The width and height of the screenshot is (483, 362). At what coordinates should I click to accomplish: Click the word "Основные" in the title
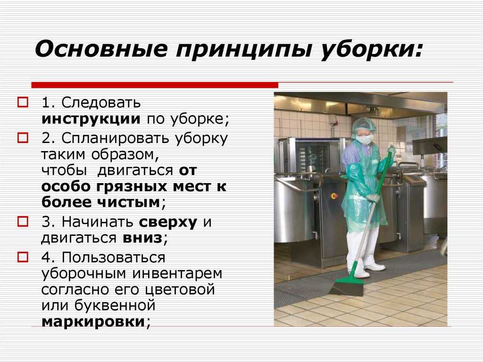coord(101,49)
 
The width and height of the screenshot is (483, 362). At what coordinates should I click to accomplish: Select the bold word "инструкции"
coord(91,119)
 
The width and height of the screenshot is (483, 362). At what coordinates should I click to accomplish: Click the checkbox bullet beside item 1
coord(23,102)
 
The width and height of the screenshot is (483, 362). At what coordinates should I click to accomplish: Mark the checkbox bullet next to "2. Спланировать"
coord(23,138)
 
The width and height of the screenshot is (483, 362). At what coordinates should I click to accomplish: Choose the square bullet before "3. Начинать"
coord(23,221)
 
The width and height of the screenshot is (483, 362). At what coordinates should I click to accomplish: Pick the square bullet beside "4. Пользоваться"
coord(23,257)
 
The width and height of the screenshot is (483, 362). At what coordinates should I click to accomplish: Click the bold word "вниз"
coord(142,238)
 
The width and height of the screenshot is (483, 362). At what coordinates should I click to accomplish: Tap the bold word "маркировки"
coord(93,322)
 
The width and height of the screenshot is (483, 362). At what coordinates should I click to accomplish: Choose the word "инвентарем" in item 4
coord(177,273)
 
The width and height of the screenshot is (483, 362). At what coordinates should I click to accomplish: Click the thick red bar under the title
coord(155,85)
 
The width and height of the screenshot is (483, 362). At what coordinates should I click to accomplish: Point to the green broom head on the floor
coord(349,286)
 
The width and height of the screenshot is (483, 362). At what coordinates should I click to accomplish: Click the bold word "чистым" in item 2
coord(129,202)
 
